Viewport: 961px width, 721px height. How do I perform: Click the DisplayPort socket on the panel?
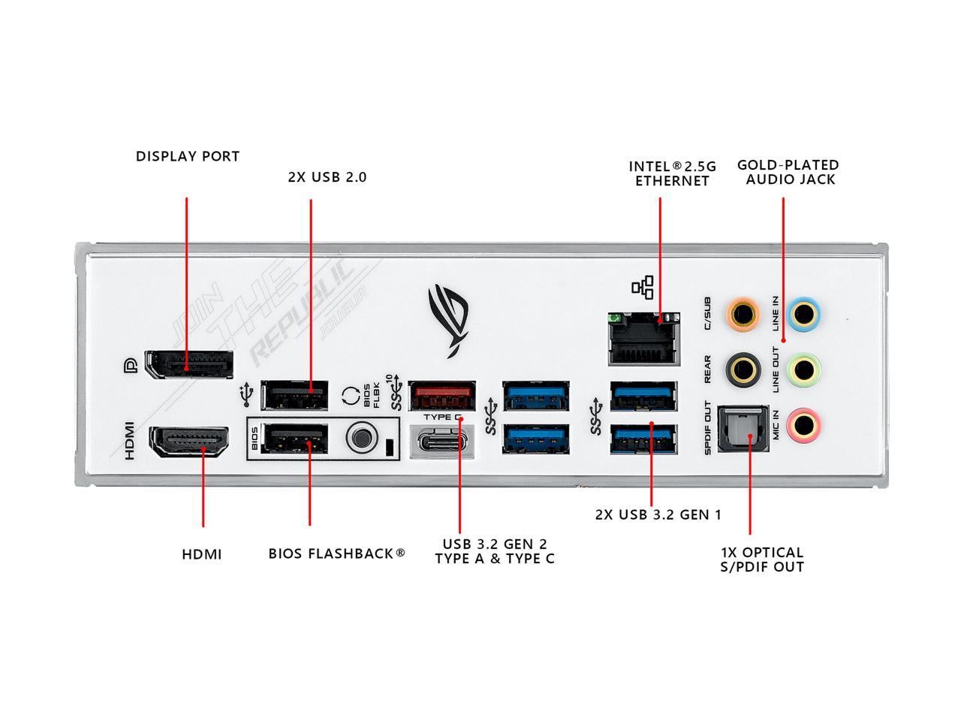pyautogui.click(x=189, y=364)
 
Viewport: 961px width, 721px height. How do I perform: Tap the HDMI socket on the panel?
pyautogui.click(x=190, y=442)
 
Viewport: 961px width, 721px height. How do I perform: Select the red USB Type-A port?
pyautogui.click(x=442, y=394)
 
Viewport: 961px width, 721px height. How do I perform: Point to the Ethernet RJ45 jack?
pyautogui.click(x=644, y=339)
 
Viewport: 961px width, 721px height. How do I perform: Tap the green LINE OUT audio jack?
pyautogui.click(x=803, y=369)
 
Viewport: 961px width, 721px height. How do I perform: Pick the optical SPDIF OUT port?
pyautogui.click(x=744, y=429)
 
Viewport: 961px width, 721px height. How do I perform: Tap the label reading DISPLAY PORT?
pyautogui.click(x=188, y=156)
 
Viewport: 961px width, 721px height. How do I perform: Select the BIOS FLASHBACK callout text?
pyautogui.click(x=336, y=554)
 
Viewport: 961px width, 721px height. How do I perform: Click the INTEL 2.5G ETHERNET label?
pyautogui.click(x=672, y=173)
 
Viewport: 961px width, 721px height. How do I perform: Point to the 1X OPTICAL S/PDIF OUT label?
pyautogui.click(x=762, y=560)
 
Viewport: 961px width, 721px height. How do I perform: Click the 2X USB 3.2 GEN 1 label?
pyautogui.click(x=658, y=514)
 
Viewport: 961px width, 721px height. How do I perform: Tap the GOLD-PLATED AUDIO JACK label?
pyautogui.click(x=788, y=172)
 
